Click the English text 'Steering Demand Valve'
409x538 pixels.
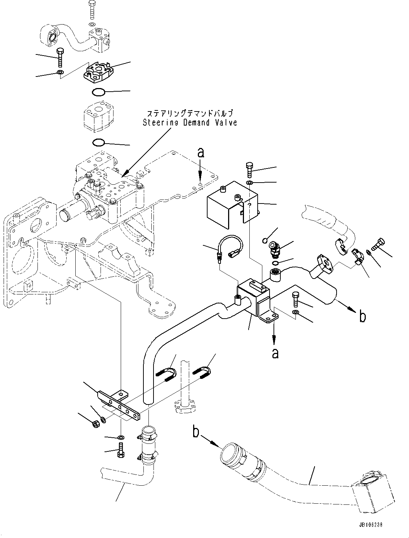coord(190,123)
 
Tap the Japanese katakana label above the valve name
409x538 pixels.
coord(190,113)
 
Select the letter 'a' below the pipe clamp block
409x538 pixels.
coord(275,354)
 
